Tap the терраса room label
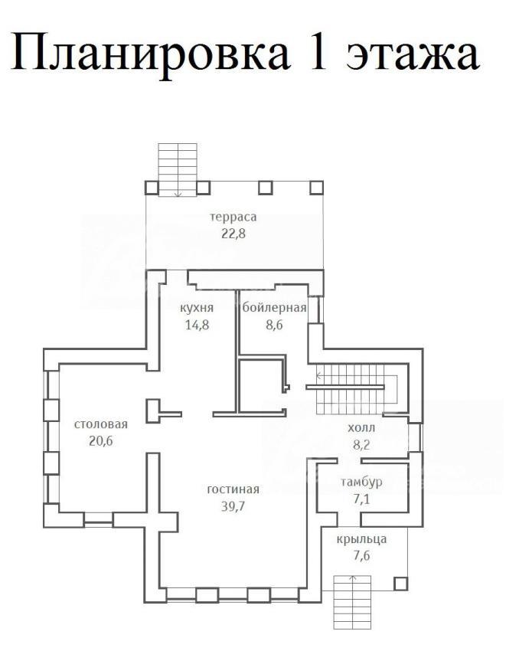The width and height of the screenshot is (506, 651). pyautogui.click(x=233, y=218)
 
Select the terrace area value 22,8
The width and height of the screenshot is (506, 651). pyautogui.click(x=233, y=234)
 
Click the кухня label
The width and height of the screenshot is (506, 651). pyautogui.click(x=198, y=309)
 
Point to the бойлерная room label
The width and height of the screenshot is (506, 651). pyautogui.click(x=274, y=308)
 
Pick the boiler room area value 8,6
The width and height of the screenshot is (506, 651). pyautogui.click(x=274, y=324)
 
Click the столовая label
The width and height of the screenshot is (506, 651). pyautogui.click(x=101, y=424)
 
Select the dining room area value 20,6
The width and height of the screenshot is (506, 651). pyautogui.click(x=101, y=441)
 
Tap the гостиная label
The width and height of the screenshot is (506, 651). pyautogui.click(x=233, y=489)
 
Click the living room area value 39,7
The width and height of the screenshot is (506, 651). pyautogui.click(x=233, y=506)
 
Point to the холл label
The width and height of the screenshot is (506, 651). pyautogui.click(x=361, y=428)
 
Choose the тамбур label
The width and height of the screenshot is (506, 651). pyautogui.click(x=361, y=482)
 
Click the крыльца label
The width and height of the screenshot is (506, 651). pyautogui.click(x=361, y=539)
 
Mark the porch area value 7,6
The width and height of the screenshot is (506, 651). pyautogui.click(x=361, y=555)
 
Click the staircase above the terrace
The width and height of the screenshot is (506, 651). pyautogui.click(x=178, y=169)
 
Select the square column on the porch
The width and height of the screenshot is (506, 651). pyautogui.click(x=400, y=584)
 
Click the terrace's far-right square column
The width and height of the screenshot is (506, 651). pyautogui.click(x=317, y=188)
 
